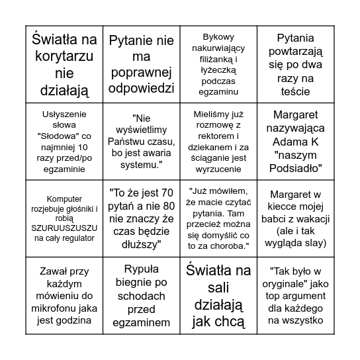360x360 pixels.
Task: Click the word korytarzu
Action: point(65,56)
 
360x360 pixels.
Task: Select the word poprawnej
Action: point(141,71)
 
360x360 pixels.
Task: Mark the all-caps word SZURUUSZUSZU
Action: point(64,228)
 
